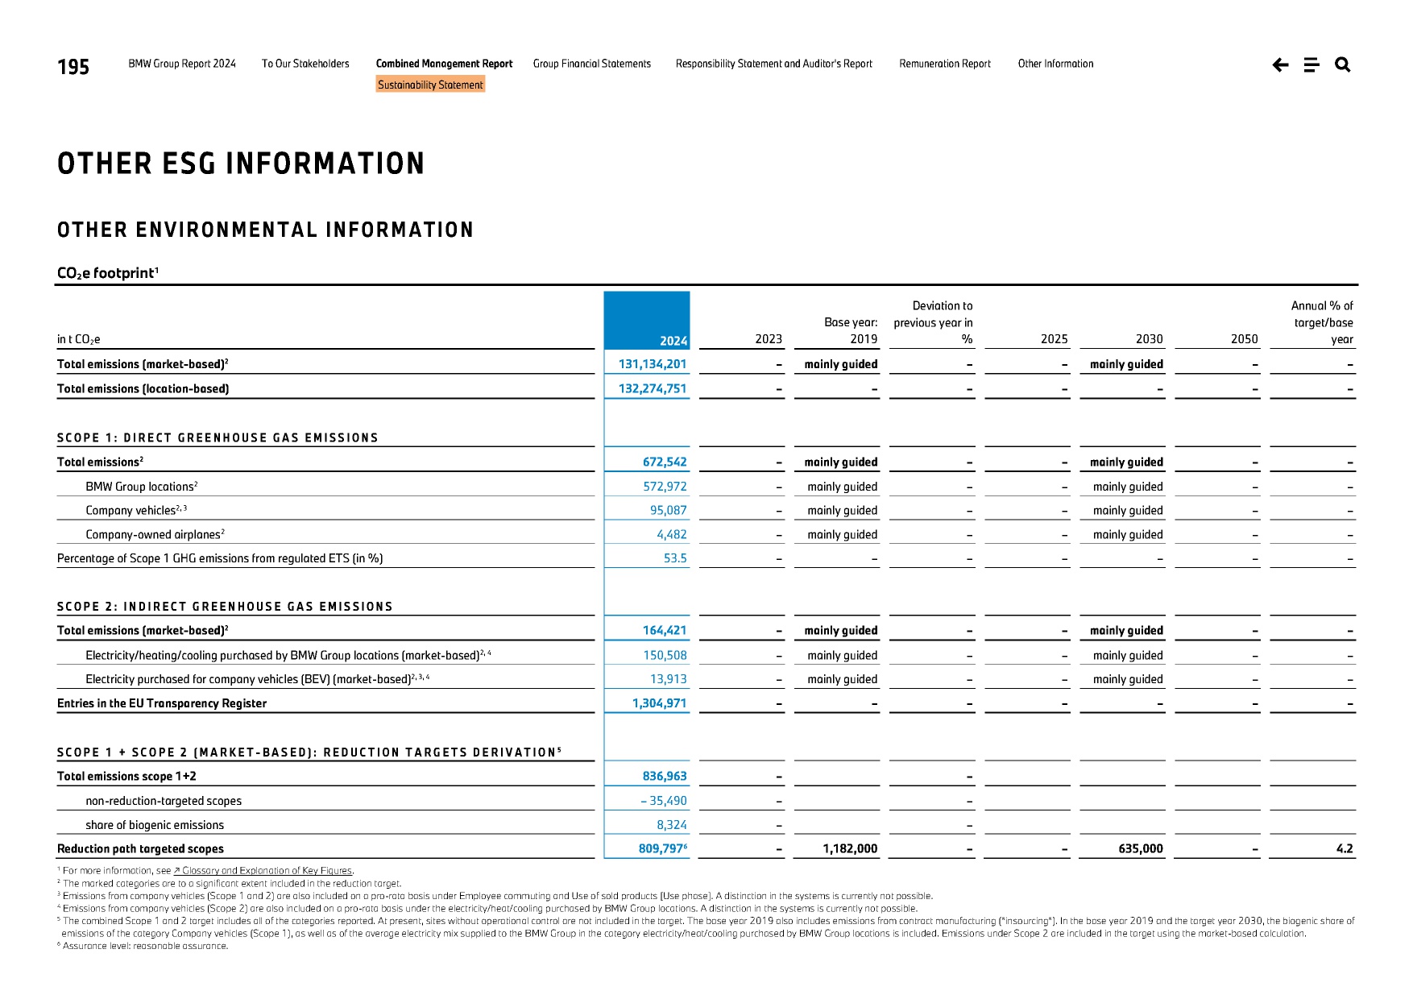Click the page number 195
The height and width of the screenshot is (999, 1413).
coord(73,67)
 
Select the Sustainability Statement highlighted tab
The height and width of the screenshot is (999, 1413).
coord(430,85)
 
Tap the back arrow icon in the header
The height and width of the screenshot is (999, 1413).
coord(1280,64)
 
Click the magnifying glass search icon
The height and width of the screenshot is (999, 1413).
coord(1342,64)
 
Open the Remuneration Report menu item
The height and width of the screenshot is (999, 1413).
coord(945,64)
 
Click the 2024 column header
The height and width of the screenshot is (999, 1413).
coord(673,340)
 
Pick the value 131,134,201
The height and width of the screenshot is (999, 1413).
coord(653,364)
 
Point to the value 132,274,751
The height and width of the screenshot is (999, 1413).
coord(653,388)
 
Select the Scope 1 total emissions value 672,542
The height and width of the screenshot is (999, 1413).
coord(665,462)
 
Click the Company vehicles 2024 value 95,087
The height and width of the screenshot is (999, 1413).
coord(669,510)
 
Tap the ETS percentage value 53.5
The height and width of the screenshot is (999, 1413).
coord(675,558)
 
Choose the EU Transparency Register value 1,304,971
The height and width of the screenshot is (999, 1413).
coord(659,703)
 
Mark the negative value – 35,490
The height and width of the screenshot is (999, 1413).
coord(664,801)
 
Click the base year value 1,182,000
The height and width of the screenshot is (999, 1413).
coord(850,848)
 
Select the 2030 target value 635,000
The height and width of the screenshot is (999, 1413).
coord(1141,848)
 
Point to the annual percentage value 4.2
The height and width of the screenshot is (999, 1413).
coord(1345,848)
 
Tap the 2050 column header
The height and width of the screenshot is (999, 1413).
coord(1244,339)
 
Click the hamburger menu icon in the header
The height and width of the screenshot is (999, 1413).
coord(1311,64)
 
